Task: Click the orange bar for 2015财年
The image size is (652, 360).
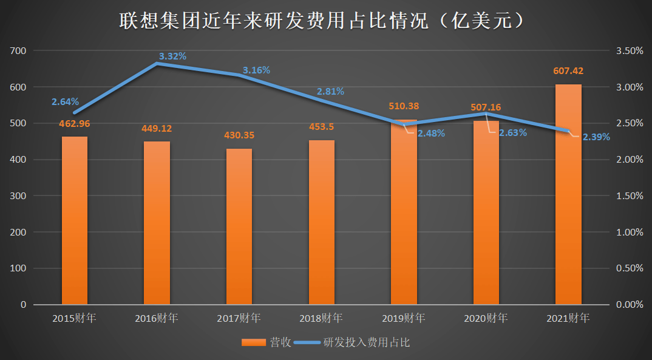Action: (74, 220)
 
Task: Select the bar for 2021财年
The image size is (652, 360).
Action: (568, 194)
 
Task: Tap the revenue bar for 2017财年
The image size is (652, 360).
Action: (239, 226)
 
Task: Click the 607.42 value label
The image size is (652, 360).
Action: (568, 71)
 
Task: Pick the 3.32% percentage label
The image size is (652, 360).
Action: (172, 56)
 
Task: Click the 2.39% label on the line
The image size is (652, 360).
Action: (596, 137)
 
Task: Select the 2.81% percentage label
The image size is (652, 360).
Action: (330, 92)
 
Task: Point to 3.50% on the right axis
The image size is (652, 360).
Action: (630, 51)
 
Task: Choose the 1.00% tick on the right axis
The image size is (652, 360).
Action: (630, 233)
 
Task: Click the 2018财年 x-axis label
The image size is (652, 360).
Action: (321, 318)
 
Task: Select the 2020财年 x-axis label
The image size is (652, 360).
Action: (486, 318)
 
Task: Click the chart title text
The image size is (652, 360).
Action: (322, 21)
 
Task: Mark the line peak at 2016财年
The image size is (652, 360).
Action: (157, 63)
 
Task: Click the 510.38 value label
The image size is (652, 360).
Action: (404, 106)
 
